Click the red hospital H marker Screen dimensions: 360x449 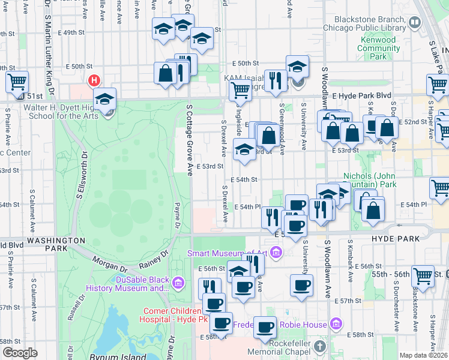pyautogui.click(x=94, y=80)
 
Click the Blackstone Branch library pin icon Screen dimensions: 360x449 pyautogui.click(x=414, y=23)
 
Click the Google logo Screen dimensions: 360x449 pyautogui.click(x=20, y=353)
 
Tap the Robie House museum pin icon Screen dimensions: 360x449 pyautogui.click(x=336, y=325)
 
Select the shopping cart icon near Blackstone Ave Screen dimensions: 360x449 pyautogui.click(x=423, y=275)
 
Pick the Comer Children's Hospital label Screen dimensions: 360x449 pyautogui.click(x=172, y=315)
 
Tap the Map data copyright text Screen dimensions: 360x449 pyautogui.click(x=424, y=355)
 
